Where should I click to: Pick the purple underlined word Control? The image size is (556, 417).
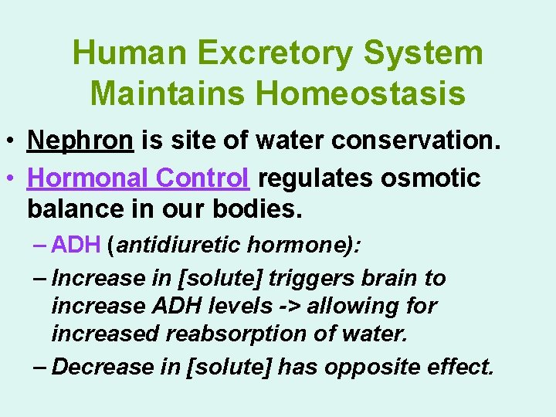click(x=202, y=178)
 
